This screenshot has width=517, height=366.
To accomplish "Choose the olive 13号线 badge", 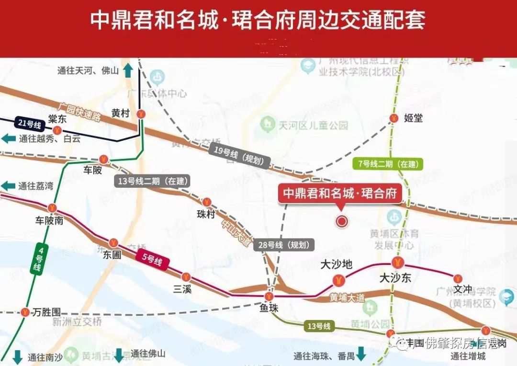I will (319, 326).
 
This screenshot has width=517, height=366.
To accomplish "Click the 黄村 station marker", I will (141, 114).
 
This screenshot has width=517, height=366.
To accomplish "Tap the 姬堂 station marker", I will (394, 118).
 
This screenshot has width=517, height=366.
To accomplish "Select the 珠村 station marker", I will (207, 202).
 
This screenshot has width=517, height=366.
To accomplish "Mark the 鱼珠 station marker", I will (269, 296).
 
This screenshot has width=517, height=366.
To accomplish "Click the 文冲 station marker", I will (458, 278).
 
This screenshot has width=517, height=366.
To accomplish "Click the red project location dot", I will (342, 221).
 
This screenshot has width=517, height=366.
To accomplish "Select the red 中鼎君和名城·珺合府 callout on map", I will (340, 194).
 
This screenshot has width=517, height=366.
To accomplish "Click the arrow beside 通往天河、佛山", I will (128, 70).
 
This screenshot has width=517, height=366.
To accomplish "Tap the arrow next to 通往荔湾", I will (8, 186).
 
